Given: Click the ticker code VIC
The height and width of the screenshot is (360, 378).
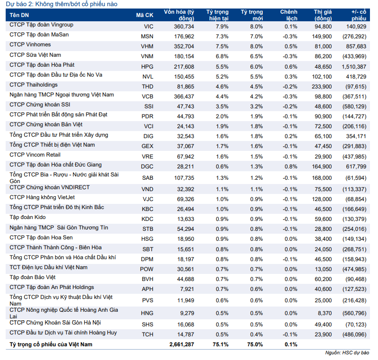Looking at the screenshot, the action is coord(148,26).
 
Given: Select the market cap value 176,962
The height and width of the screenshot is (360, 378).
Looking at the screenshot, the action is coord(184,36).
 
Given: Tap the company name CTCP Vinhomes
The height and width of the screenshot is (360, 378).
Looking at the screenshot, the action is coord(30,44).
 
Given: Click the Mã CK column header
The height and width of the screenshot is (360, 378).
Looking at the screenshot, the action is coord(145,15).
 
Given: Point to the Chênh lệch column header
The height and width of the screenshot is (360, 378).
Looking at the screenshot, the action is coord(289,15).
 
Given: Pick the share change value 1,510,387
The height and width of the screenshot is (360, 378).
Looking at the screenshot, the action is coord(354,67).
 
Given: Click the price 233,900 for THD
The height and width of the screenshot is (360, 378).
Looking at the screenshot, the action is coord(322,87).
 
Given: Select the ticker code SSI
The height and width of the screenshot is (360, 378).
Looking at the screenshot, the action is coord(149,106).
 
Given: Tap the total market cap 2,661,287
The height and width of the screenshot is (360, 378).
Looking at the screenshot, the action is coord(181,344).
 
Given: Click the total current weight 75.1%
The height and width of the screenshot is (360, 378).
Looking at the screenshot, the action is coord(221,344).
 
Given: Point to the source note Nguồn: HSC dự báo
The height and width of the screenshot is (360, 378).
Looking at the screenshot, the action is coord(347,353).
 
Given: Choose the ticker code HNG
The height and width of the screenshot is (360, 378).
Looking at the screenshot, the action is coord(147,313).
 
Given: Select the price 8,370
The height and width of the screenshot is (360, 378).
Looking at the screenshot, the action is coord(325,313).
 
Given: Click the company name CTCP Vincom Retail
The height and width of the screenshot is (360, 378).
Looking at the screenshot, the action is coord(35,155).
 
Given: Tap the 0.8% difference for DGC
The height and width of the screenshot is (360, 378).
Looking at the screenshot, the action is coord(291,167).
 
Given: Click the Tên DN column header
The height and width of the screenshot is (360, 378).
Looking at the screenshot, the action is coord(19,15).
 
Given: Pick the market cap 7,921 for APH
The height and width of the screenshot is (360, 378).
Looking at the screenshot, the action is coord(187,289).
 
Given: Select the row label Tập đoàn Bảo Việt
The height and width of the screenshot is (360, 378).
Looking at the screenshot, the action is coord(33,278).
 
